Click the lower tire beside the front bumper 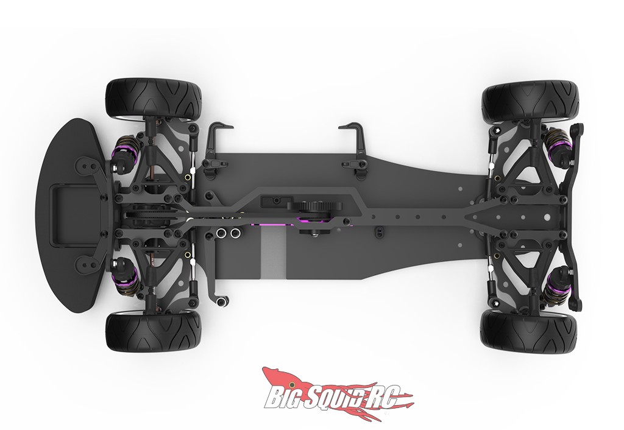coord(154,332)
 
